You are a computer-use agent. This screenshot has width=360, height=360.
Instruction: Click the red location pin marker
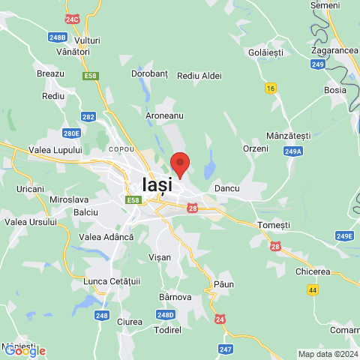point(179,163)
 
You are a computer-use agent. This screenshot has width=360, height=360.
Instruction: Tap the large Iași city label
point(157,184)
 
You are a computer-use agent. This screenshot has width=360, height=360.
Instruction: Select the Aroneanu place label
point(163,116)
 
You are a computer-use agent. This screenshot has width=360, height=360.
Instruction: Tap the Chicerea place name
point(313,271)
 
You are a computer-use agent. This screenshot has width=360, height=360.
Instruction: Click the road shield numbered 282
point(89,117)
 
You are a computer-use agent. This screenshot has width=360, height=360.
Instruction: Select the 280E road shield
point(71,133)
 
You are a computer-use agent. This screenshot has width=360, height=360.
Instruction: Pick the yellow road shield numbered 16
point(270,88)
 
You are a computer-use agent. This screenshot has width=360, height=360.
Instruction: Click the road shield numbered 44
point(312,289)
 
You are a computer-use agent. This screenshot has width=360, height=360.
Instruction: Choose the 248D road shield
point(166,314)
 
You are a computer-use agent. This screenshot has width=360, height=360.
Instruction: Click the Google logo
point(24,351)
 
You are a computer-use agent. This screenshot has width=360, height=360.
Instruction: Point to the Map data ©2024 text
point(328,354)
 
